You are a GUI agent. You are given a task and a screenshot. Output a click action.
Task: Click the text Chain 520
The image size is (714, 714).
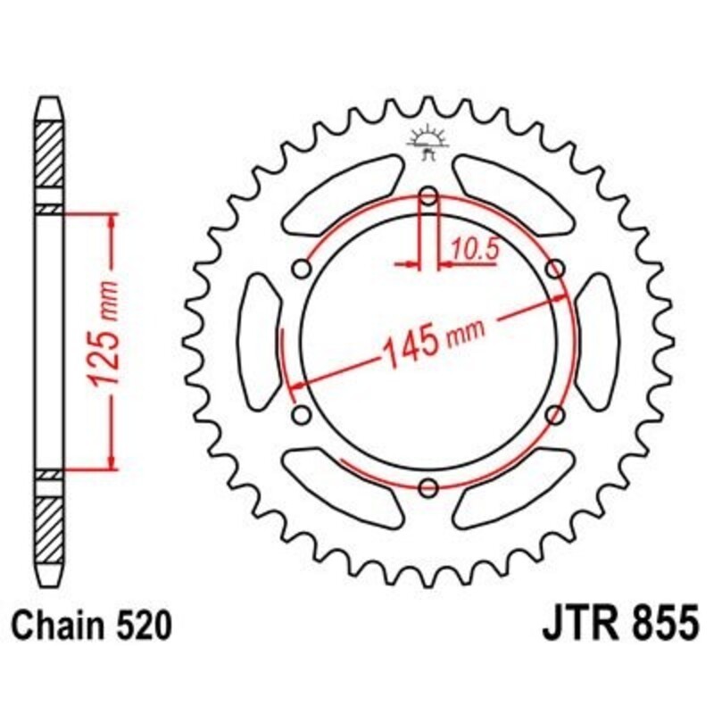[90, 626]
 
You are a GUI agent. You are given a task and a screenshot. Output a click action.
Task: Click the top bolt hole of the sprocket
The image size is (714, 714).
[428, 196]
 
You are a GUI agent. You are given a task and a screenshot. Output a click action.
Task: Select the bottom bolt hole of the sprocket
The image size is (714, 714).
[428, 487]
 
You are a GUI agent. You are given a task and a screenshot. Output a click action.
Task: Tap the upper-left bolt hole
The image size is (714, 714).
[302, 269]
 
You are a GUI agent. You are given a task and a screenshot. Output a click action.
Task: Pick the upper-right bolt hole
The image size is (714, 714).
[554, 269]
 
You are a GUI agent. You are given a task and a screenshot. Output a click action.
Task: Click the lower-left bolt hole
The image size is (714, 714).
[302, 414]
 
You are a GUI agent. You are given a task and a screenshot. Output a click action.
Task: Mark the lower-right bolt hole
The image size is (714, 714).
[554, 414]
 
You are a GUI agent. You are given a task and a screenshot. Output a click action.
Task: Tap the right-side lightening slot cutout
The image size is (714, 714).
[597, 341]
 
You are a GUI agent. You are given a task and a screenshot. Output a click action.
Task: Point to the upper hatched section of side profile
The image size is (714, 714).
[51, 152]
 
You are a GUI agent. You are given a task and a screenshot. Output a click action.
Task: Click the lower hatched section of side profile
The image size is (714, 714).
[51, 527]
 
